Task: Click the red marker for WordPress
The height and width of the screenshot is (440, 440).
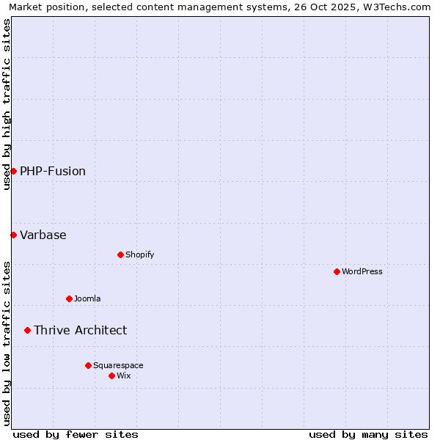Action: coord(337,271)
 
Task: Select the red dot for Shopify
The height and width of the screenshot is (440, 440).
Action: coord(120,254)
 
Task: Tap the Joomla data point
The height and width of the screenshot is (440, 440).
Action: coord(69,298)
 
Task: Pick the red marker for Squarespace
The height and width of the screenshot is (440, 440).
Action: coord(88,365)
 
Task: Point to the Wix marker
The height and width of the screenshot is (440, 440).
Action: coord(111,375)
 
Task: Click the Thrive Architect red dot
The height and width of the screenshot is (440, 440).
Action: coord(27,330)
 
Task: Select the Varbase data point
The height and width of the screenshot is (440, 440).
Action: coord(13,235)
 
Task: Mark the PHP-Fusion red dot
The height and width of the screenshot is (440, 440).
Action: coord(13,171)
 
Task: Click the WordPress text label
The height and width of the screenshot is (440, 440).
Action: coord(362,271)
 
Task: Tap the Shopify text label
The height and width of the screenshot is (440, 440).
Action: coord(139,254)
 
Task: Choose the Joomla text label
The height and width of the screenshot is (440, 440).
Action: coord(87,298)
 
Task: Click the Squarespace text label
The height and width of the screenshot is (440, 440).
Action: coord(118,365)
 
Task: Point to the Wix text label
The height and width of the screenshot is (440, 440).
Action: coord(123,375)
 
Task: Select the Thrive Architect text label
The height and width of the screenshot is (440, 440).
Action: coord(80,330)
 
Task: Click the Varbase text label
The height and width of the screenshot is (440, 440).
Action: coord(43,235)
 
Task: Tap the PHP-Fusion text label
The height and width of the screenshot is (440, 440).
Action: coord(53,171)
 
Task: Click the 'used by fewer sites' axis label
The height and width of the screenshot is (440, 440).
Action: coord(76,434)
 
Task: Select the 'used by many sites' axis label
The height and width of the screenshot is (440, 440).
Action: coord(368,434)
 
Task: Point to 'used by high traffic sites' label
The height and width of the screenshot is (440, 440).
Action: coord(7,104)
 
